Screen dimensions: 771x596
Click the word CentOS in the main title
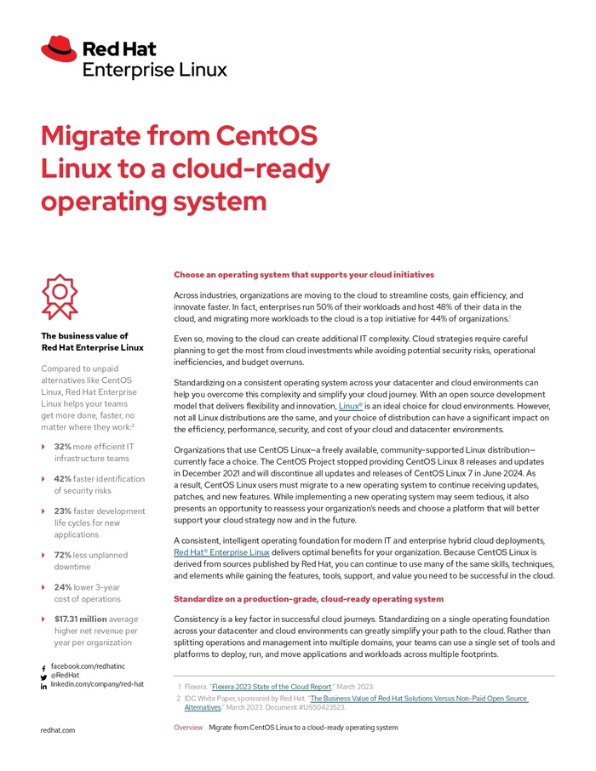pos(267,136)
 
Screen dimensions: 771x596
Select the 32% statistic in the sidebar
pos(62,446)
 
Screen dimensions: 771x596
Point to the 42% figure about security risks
pos(62,479)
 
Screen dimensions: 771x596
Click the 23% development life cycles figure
pos(62,511)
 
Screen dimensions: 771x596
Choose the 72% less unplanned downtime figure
pos(62,555)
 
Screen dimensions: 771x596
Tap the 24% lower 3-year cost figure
pos(62,586)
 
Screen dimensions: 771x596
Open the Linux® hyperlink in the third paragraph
pos(350,407)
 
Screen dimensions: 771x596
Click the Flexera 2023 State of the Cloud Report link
pos(272,686)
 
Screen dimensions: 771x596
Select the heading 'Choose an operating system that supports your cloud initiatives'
pos(304,275)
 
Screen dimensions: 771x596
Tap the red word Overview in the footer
pos(188,728)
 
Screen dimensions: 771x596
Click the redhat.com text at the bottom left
pos(58,730)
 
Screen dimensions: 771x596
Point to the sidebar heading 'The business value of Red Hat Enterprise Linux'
pos(92,341)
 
